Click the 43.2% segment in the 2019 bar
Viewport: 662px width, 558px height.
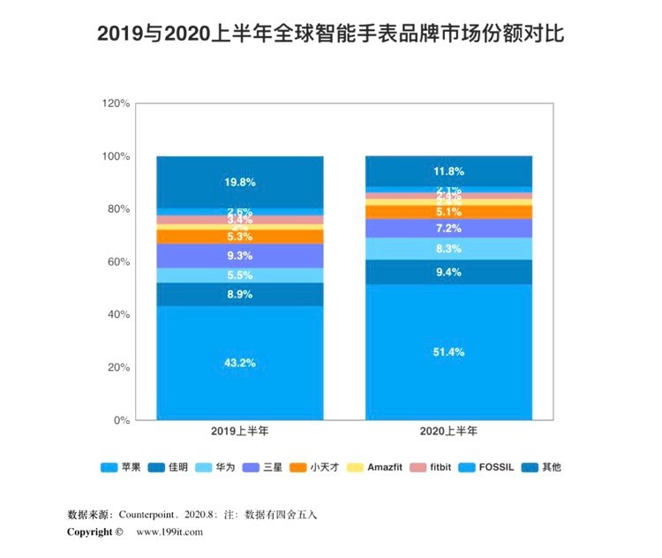click(x=240, y=363)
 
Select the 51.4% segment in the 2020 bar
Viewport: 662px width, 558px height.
click(x=448, y=351)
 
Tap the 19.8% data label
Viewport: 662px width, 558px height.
click(x=240, y=183)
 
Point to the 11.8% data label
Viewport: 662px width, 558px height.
click(x=448, y=171)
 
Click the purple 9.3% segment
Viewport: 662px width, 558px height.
click(x=240, y=255)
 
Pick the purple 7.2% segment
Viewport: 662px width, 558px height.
click(x=448, y=228)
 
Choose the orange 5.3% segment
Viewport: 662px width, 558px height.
click(x=240, y=237)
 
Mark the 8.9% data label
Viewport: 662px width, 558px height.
click(x=240, y=294)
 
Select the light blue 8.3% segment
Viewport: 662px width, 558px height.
click(x=448, y=249)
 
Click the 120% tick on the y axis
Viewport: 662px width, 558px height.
click(x=116, y=103)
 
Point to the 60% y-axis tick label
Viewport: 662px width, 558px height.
click(x=118, y=262)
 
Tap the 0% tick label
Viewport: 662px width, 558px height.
click(x=122, y=420)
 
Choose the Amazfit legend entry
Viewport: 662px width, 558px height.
click(x=379, y=467)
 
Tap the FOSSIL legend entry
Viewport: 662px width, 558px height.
click(x=495, y=467)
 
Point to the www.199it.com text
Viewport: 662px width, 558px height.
click(x=169, y=532)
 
